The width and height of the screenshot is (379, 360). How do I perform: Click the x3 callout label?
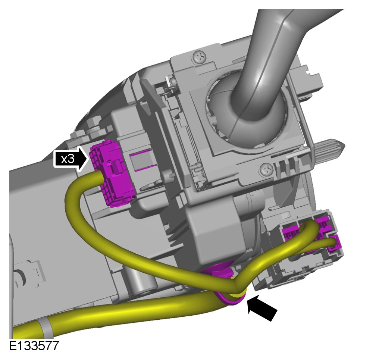(71, 159)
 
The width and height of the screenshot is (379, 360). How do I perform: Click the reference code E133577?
(34, 346)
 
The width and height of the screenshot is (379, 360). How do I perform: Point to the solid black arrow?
(262, 308)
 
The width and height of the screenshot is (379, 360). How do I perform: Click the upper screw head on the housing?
(200, 57)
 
